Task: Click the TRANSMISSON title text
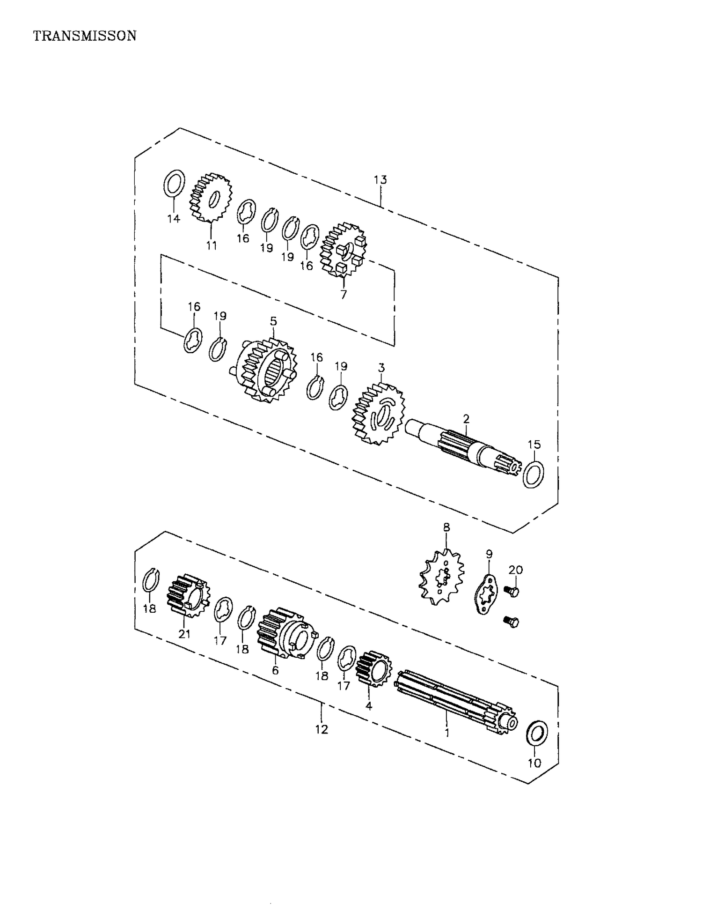click(x=85, y=36)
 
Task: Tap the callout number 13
click(x=380, y=180)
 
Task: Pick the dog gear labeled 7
click(x=343, y=250)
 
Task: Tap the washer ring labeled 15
click(x=533, y=474)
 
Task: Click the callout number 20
click(x=516, y=570)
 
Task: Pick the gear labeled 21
click(x=188, y=595)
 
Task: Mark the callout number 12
click(x=322, y=729)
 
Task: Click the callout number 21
click(x=184, y=634)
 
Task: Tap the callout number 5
click(x=273, y=321)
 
